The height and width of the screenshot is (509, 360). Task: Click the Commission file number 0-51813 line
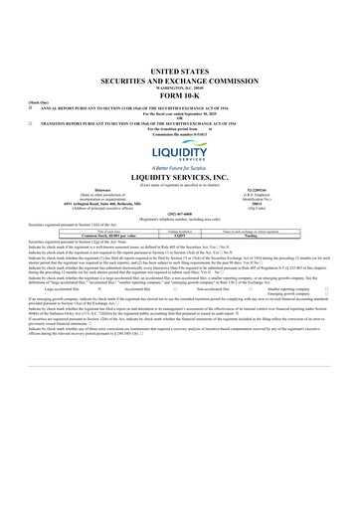click(179, 133)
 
